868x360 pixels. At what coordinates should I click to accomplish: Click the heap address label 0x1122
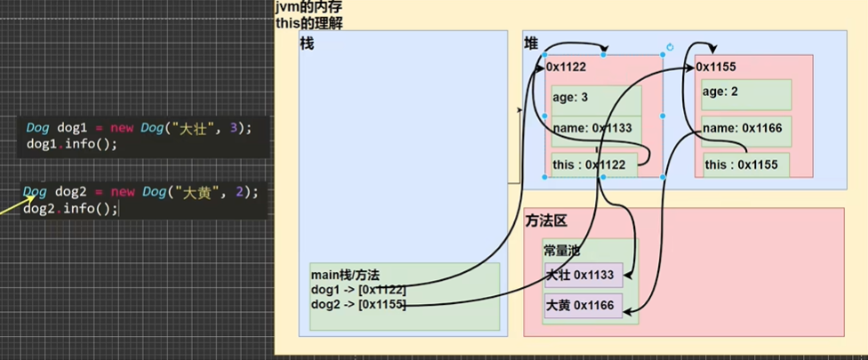pos(566,66)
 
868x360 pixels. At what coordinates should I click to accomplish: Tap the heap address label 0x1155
pos(716,66)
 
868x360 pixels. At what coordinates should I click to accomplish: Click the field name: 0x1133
pos(591,128)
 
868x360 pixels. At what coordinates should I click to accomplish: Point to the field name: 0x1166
pos(742,128)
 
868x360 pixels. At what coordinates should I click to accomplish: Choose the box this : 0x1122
pos(589,164)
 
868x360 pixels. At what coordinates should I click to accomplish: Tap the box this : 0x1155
pos(741,164)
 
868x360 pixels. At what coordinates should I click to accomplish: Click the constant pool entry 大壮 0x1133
pos(581,276)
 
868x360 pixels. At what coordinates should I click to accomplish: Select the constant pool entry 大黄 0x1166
pos(581,306)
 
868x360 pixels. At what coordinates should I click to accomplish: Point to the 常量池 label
pos(561,251)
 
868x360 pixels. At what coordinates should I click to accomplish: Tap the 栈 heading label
pos(309,43)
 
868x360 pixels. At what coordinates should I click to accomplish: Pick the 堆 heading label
pos(532,44)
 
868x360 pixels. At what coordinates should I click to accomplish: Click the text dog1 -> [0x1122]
pos(358,290)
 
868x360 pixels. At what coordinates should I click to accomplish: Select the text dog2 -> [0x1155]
pos(358,304)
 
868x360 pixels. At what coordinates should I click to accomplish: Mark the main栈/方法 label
pos(344,276)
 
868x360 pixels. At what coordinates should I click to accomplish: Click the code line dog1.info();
pos(71,143)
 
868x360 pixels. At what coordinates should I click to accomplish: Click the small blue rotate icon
pos(670,47)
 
